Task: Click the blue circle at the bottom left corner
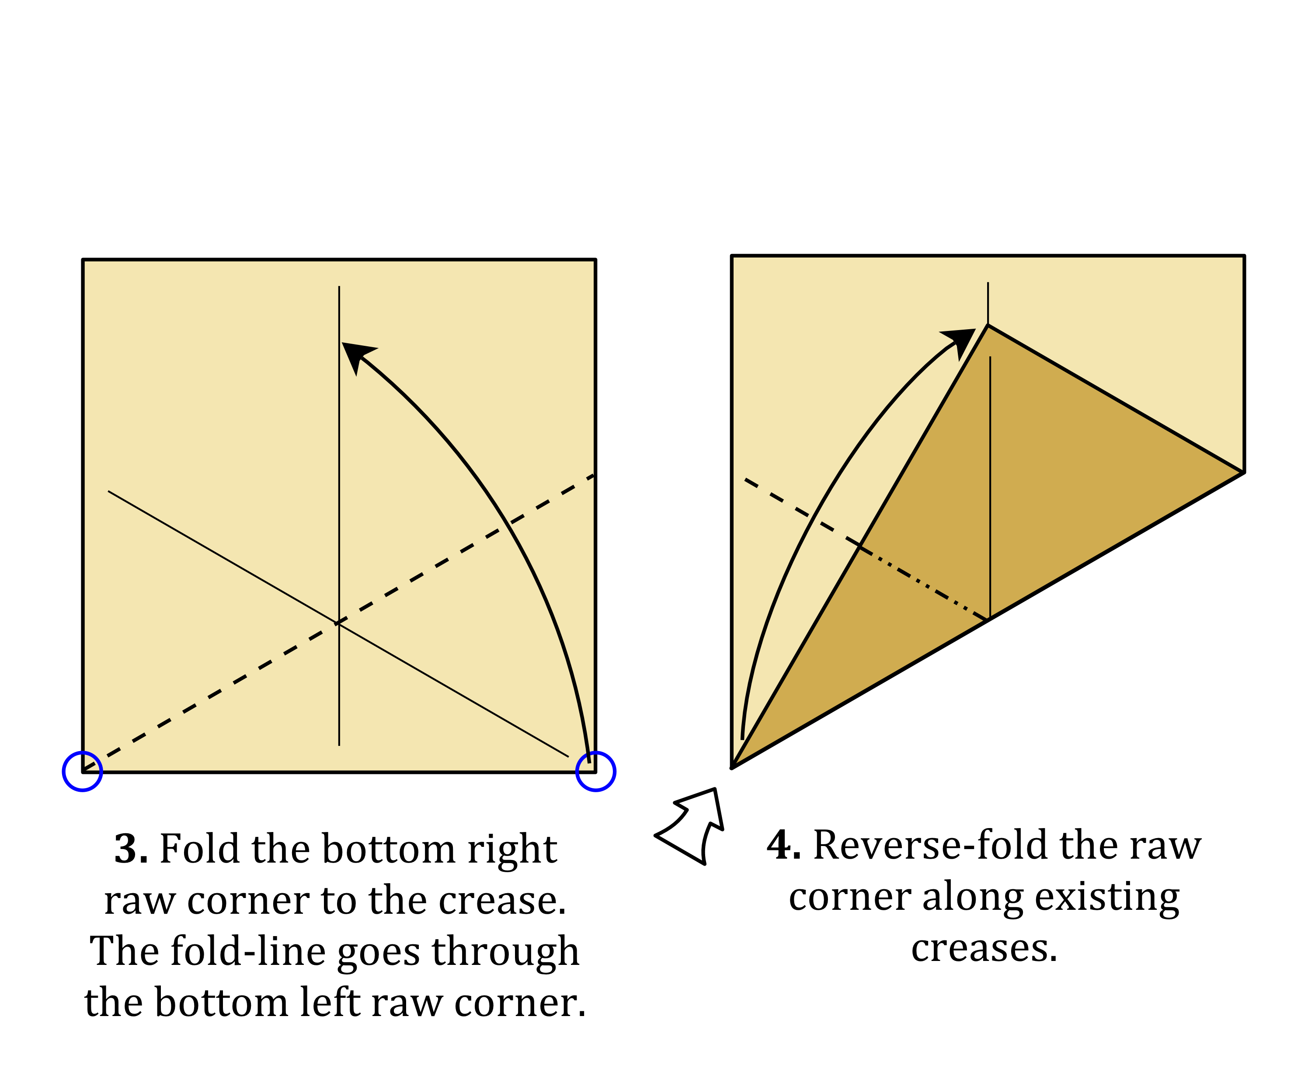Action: click(82, 771)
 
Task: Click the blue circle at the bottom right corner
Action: click(595, 771)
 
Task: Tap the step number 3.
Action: click(131, 849)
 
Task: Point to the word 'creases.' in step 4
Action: click(984, 948)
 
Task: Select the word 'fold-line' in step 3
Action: click(248, 952)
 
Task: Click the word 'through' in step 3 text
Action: click(505, 952)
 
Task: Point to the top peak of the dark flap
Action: click(988, 325)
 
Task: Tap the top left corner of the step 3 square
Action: click(83, 260)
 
